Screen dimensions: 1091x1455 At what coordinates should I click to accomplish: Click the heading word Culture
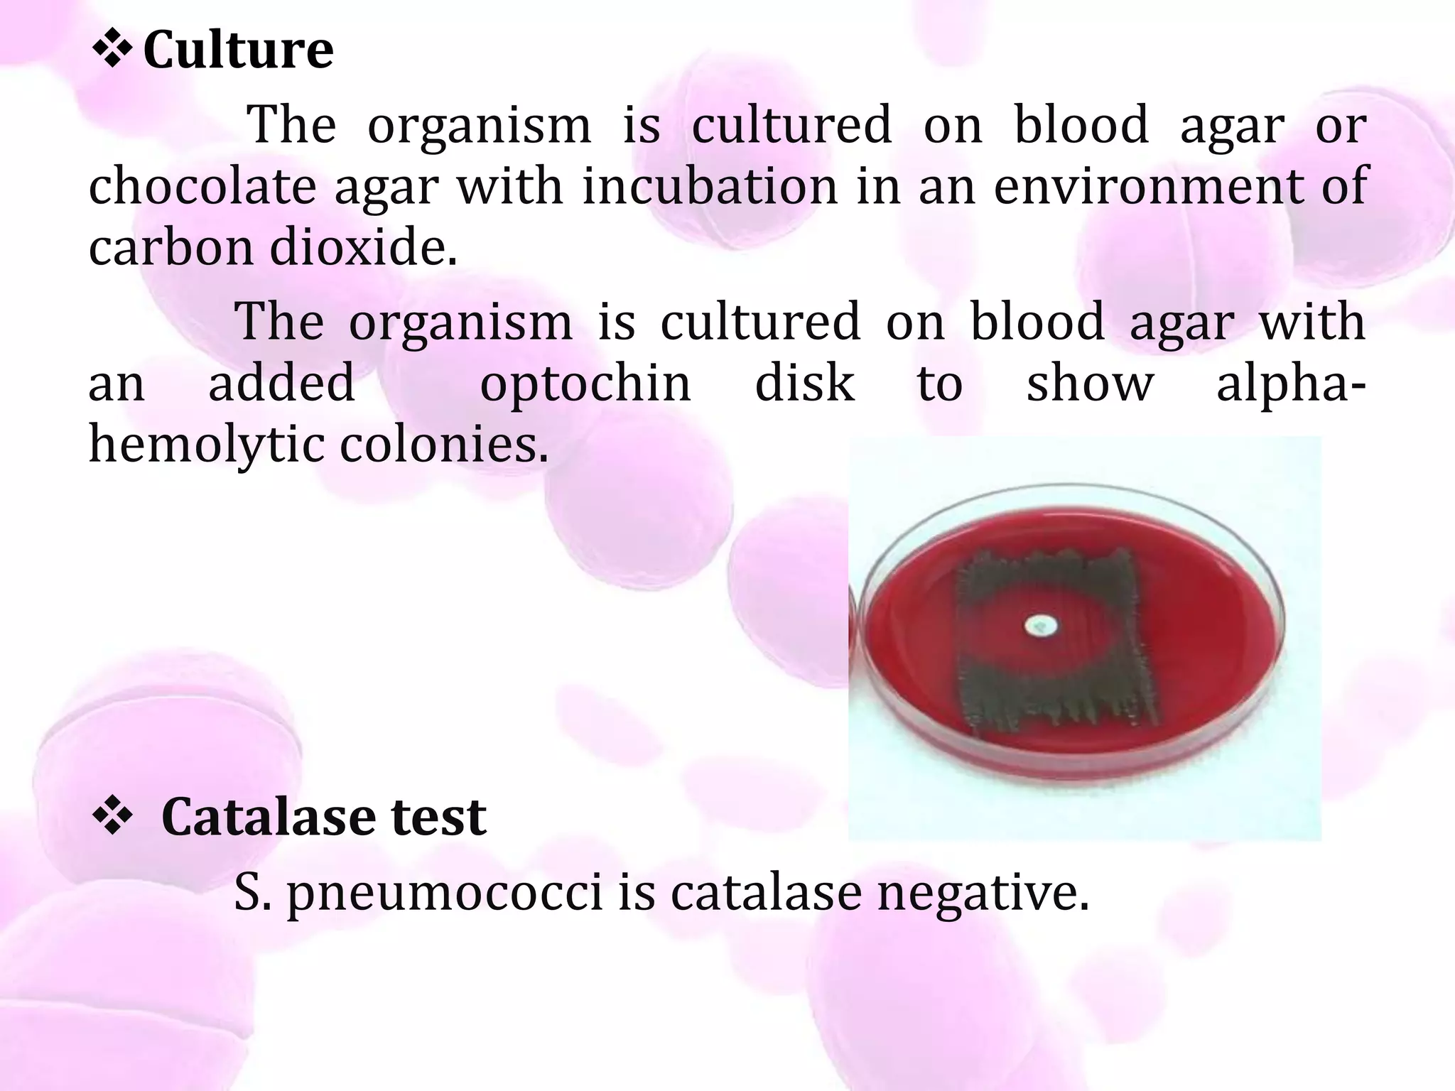pyautogui.click(x=238, y=51)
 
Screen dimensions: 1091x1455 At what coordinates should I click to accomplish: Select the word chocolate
pyautogui.click(x=202, y=186)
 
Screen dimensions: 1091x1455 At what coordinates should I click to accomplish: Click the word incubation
pyautogui.click(x=710, y=186)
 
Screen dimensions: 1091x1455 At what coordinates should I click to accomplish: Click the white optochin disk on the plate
pyautogui.click(x=1040, y=626)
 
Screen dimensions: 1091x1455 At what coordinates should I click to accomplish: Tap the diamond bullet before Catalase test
pyautogui.click(x=112, y=817)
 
